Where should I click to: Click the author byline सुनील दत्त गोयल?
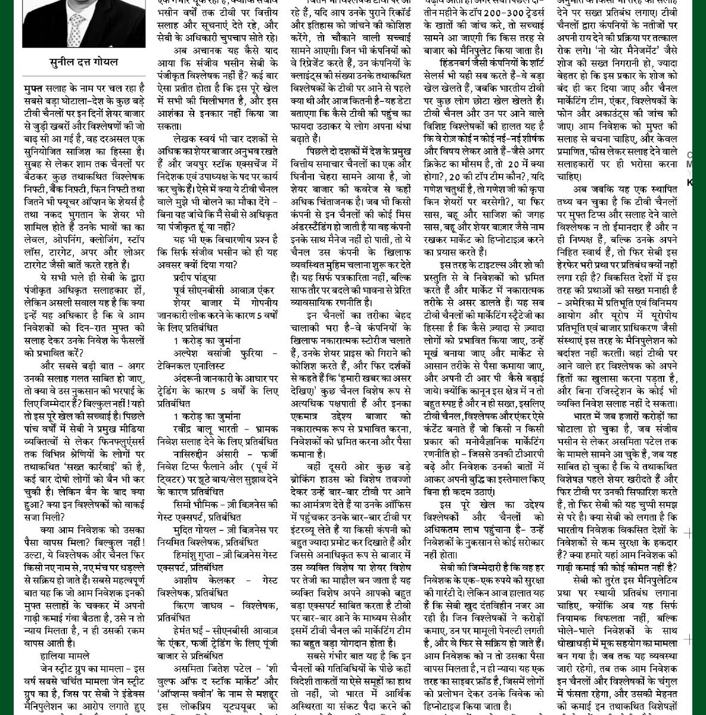83,62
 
